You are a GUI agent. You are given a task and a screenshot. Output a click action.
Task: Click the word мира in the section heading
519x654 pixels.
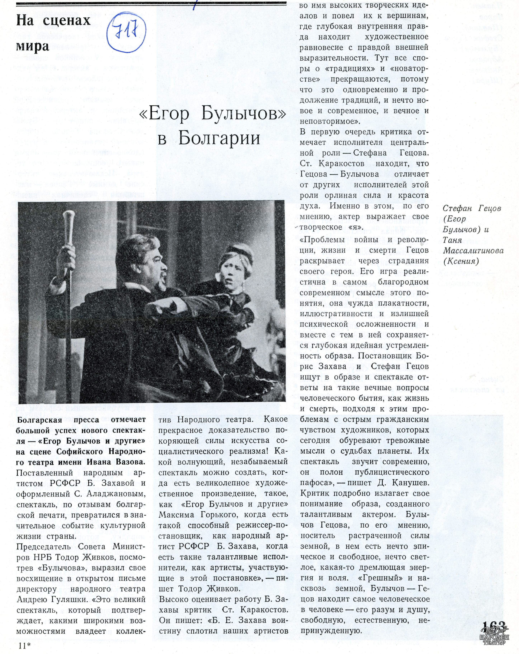tap(32, 46)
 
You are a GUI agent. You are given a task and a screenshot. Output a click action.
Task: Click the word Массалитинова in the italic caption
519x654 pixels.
tap(473, 251)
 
